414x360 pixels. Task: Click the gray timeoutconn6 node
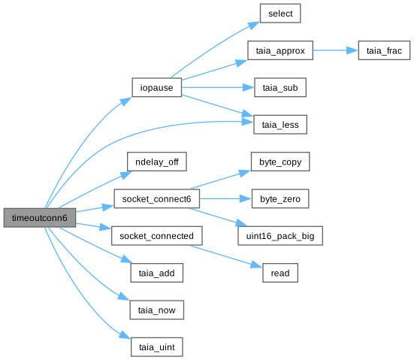[x=40, y=218]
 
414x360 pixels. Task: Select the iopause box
[x=156, y=87]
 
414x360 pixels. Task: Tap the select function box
[x=280, y=14]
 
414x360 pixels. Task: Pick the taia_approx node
[x=280, y=50]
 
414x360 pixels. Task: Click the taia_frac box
[x=384, y=50]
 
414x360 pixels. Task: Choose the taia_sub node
[x=280, y=87]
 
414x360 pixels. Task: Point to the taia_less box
[x=280, y=125]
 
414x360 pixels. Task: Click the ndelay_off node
[x=157, y=162]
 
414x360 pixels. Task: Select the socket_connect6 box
[x=156, y=198]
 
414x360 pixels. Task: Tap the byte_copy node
[x=280, y=162]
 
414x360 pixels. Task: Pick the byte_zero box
[x=280, y=198]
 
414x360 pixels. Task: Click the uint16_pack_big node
[x=280, y=235]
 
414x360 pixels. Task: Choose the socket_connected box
[x=156, y=235]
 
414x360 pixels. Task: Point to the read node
[x=280, y=273]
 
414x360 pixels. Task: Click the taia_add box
[x=156, y=273]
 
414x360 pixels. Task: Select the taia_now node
[x=156, y=310]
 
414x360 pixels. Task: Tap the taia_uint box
[x=156, y=346]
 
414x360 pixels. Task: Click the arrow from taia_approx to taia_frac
[x=336, y=50]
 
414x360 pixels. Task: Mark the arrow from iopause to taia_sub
[x=218, y=87]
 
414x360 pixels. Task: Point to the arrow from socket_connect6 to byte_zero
[x=225, y=198]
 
